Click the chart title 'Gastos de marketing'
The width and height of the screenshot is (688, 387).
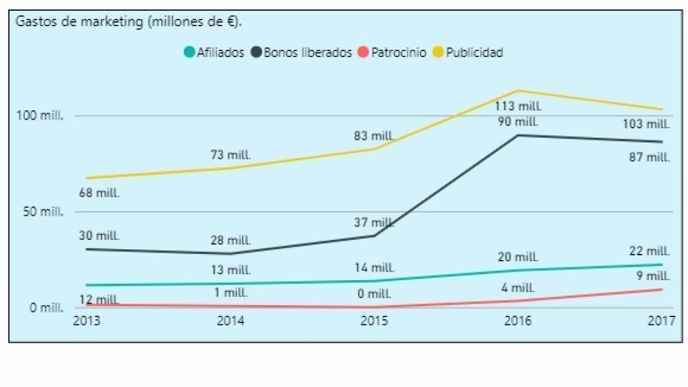[128, 21]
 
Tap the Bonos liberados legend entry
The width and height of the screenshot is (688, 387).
[307, 52]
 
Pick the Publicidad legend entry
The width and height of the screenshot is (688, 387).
[474, 52]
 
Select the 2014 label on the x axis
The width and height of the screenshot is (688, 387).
[230, 321]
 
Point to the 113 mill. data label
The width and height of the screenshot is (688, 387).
[518, 105]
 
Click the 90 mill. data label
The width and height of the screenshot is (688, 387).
[518, 122]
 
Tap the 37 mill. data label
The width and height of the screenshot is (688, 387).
[374, 222]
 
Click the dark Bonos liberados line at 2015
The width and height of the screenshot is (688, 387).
[374, 236]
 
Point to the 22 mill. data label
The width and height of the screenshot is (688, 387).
[649, 251]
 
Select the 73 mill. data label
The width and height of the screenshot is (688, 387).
[230, 155]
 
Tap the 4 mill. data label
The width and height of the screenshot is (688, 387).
[518, 288]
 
